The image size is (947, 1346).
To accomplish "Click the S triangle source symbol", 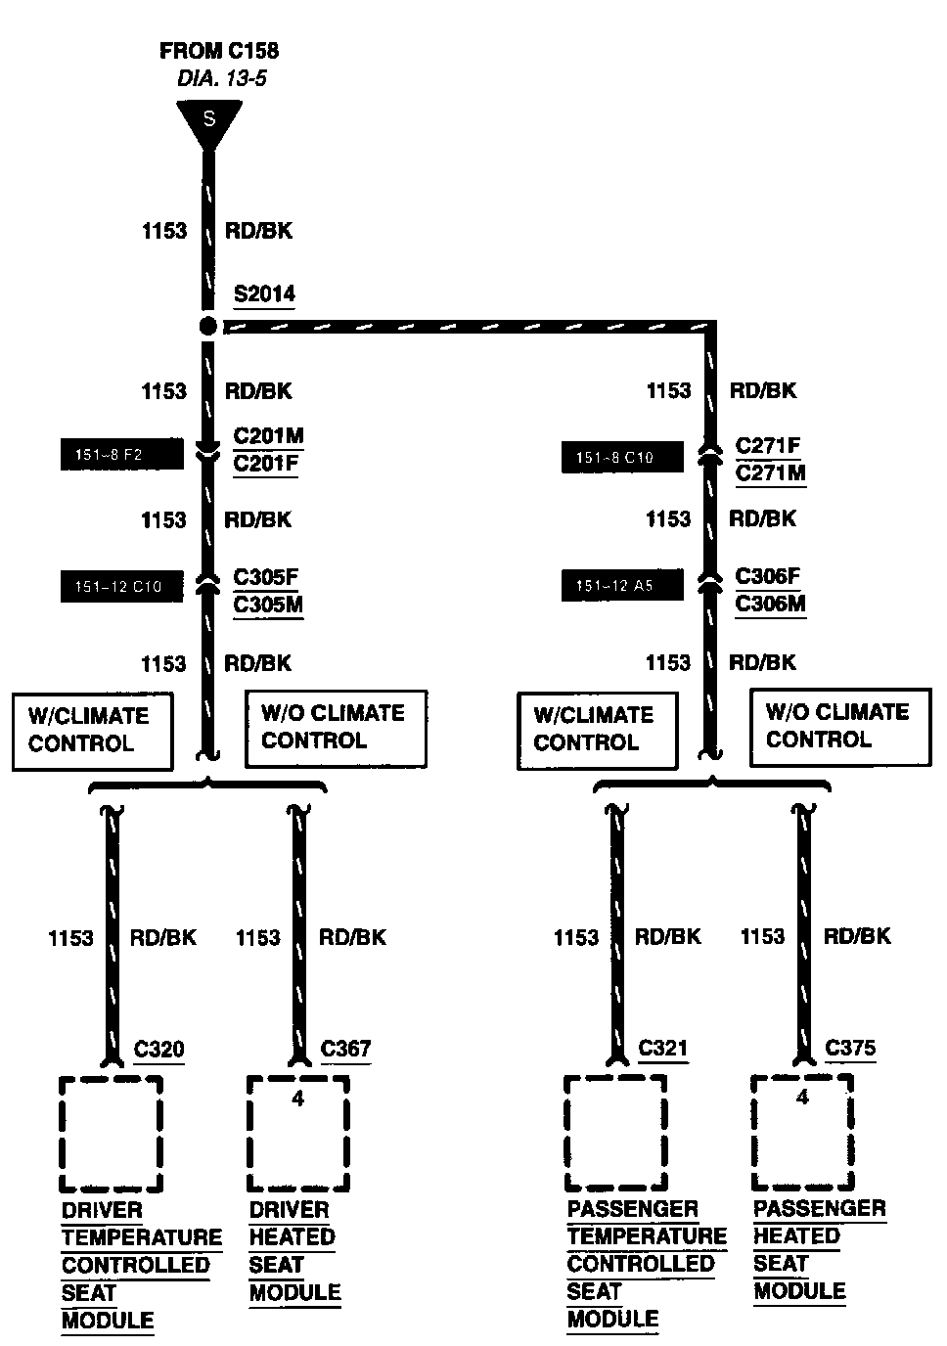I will (208, 121).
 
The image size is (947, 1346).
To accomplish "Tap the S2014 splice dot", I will (207, 326).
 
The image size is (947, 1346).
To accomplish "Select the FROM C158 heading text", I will (219, 51).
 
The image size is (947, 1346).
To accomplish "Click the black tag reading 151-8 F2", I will (121, 455).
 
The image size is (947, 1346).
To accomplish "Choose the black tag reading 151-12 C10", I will (121, 586).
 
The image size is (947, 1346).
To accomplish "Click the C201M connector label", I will (268, 436).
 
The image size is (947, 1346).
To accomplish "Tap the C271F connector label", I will (768, 446).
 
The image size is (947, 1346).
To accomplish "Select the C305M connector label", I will (268, 605).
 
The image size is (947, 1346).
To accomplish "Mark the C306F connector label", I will (768, 576).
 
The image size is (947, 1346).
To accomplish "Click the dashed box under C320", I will (111, 1133).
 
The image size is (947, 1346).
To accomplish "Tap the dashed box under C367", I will (297, 1133).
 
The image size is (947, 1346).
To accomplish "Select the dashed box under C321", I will (615, 1133).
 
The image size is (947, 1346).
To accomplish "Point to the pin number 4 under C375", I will (802, 1098).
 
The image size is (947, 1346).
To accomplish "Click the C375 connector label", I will (850, 1049).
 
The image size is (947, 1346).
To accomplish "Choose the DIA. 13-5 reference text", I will (221, 79).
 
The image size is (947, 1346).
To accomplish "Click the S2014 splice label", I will (264, 294).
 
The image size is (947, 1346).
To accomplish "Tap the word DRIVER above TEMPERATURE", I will (102, 1210).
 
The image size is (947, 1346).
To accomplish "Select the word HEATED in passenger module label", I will (796, 1236).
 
